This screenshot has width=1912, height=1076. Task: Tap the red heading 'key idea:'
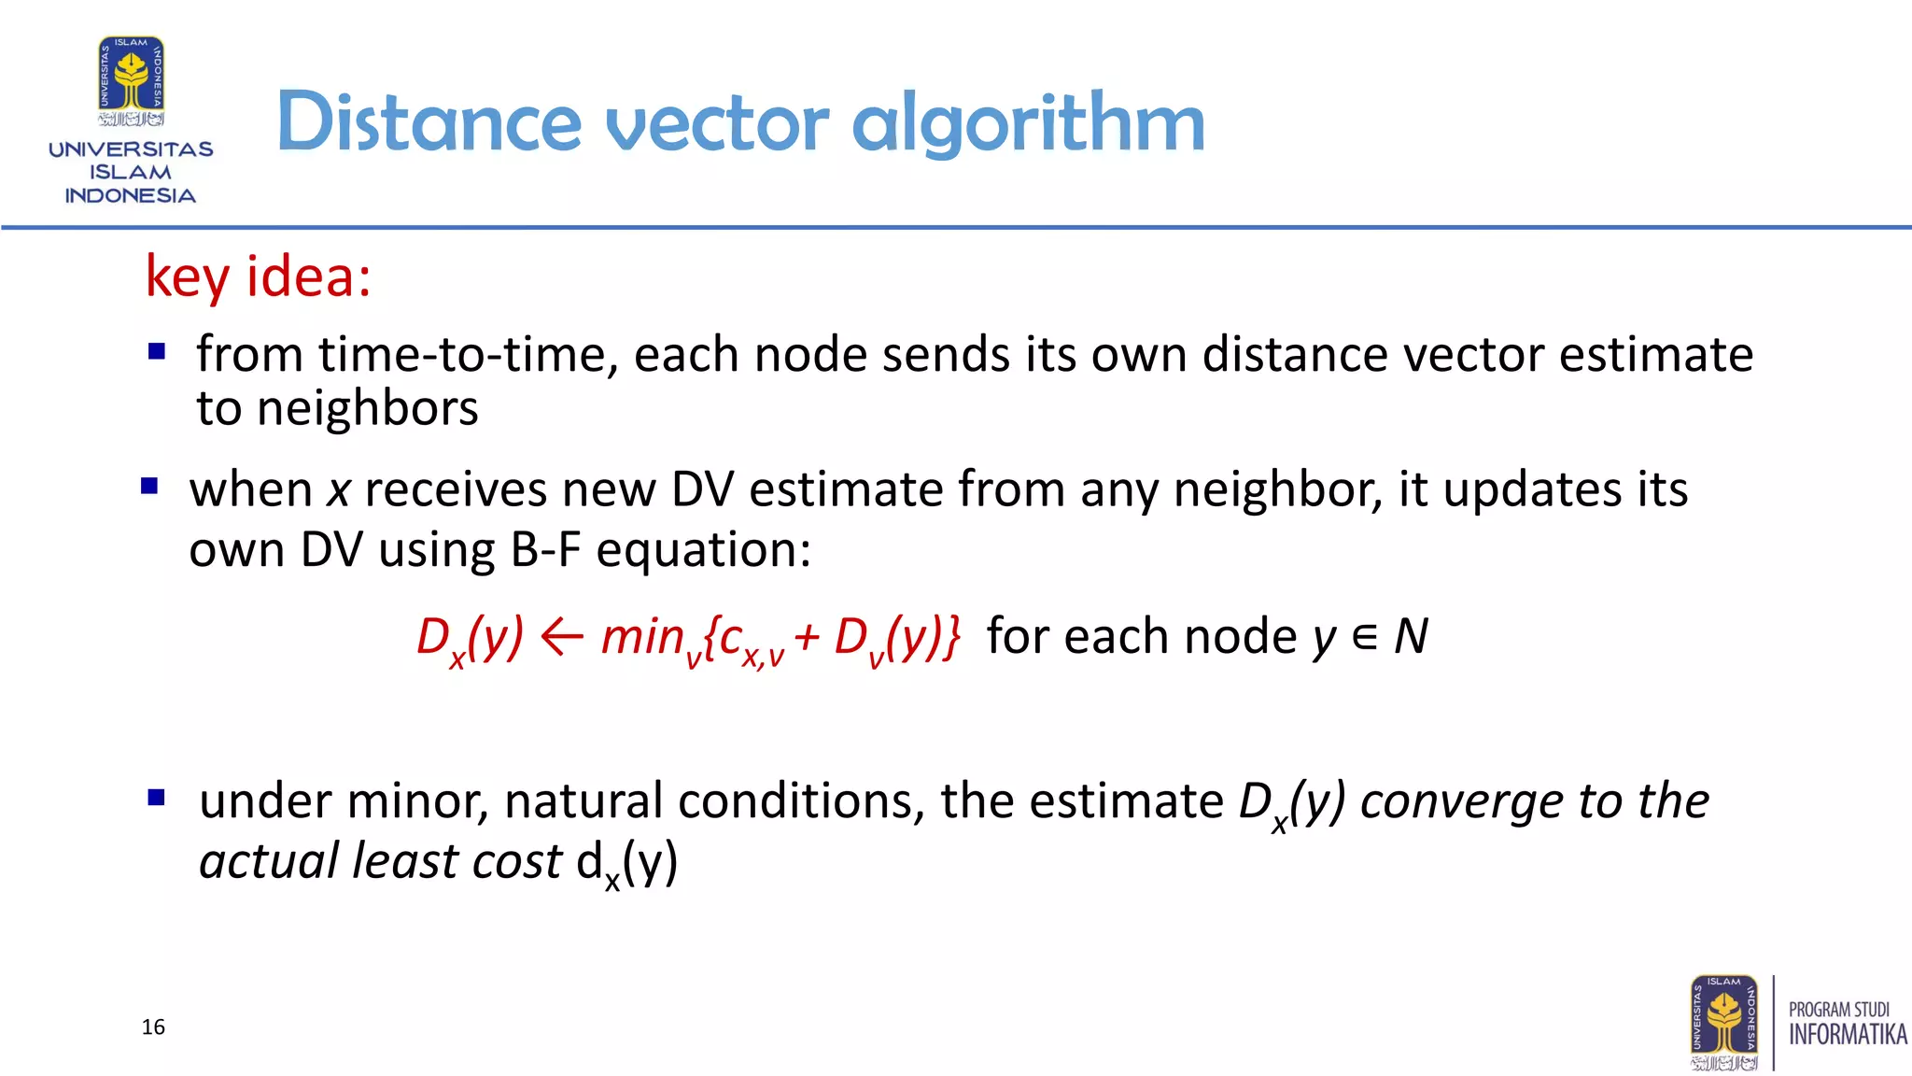[x=259, y=276]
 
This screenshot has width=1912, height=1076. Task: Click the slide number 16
[x=153, y=1027]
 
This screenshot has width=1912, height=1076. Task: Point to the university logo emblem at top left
[x=132, y=80]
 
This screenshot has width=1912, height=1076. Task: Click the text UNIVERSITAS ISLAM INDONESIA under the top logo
[x=131, y=173]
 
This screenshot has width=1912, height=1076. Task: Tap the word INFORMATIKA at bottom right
[x=1847, y=1035]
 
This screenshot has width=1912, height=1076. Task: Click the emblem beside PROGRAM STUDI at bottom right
[x=1723, y=1022]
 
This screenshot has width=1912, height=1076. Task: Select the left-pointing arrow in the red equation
[x=562, y=638]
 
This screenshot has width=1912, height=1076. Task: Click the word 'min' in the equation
[x=642, y=637]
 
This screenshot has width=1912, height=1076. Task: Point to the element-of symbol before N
[x=1364, y=637]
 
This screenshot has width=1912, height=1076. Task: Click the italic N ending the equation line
[x=1411, y=637]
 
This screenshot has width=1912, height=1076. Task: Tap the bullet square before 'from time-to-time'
[x=157, y=352]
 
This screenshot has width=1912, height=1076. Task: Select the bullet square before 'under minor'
[x=157, y=798]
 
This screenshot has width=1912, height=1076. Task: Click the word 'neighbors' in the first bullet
[x=367, y=409]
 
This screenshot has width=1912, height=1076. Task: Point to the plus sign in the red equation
[x=808, y=638]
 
